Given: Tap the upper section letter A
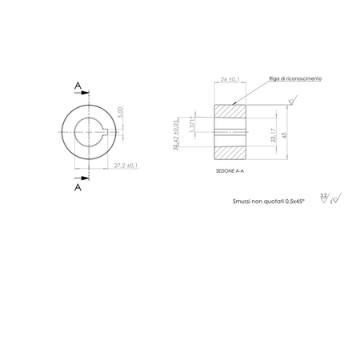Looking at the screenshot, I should tap(77, 83).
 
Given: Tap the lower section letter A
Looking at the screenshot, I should tap(77, 188).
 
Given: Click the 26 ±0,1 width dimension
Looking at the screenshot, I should tap(230, 79).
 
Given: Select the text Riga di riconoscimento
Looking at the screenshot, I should tap(295, 79).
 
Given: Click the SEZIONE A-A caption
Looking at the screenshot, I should tap(230, 170).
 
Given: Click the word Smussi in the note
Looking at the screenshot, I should tap(231, 204).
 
